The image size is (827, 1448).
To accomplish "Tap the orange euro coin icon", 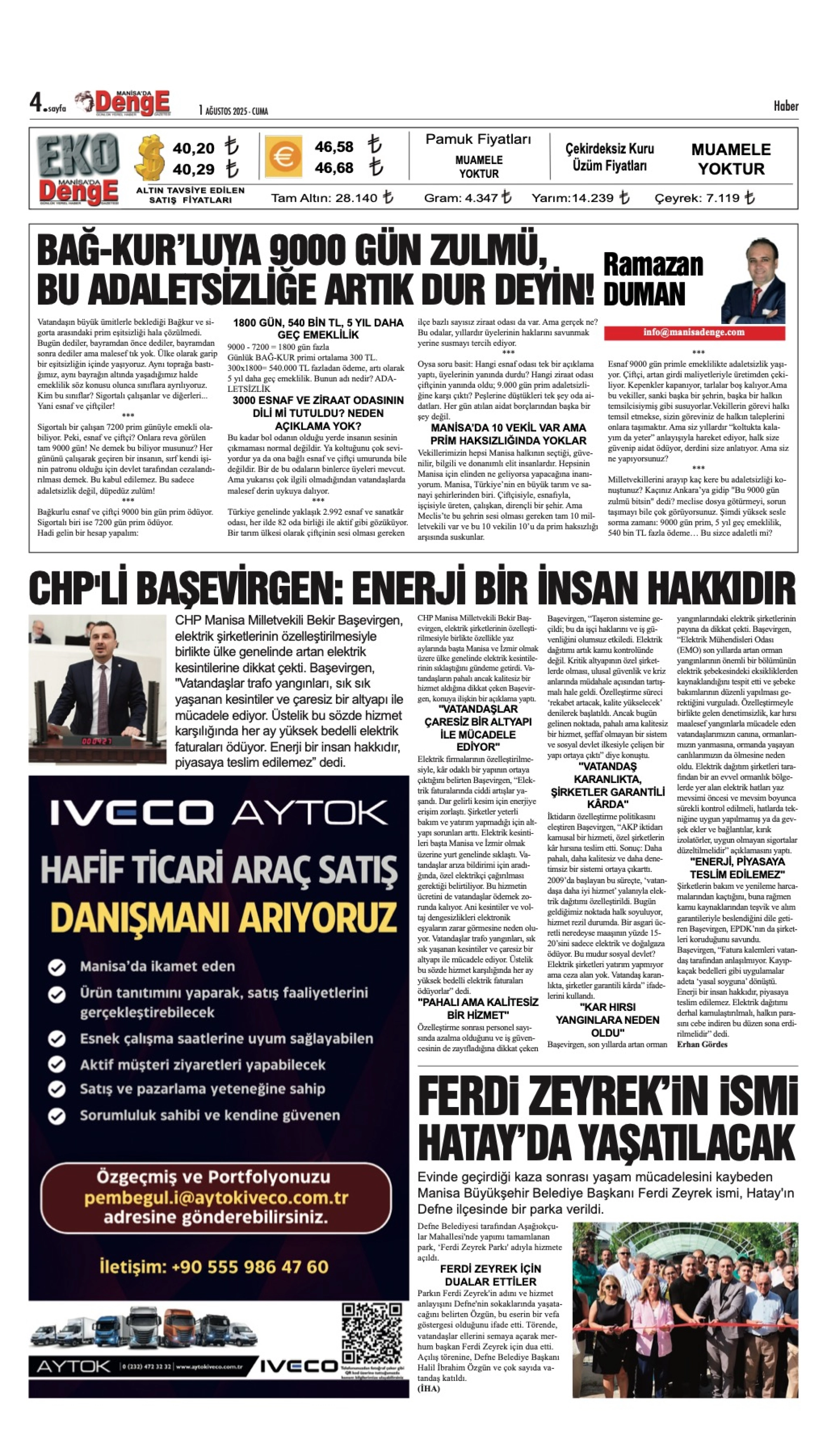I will click(283, 156).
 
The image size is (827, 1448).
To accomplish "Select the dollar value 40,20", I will click(193, 149).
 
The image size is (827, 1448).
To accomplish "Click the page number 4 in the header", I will click(36, 103).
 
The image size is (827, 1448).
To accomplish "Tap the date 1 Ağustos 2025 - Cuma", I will click(233, 111).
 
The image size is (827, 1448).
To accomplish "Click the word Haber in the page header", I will click(786, 106).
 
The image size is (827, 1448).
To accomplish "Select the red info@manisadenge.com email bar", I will click(694, 332).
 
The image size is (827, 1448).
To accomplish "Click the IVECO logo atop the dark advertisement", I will click(131, 813).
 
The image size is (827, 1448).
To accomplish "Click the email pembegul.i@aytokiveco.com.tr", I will click(216, 1198).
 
